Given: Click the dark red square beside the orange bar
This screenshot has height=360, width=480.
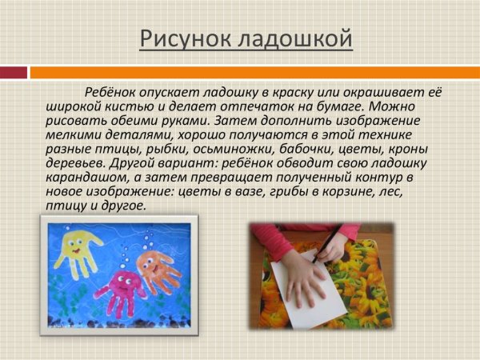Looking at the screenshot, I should [14, 72].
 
